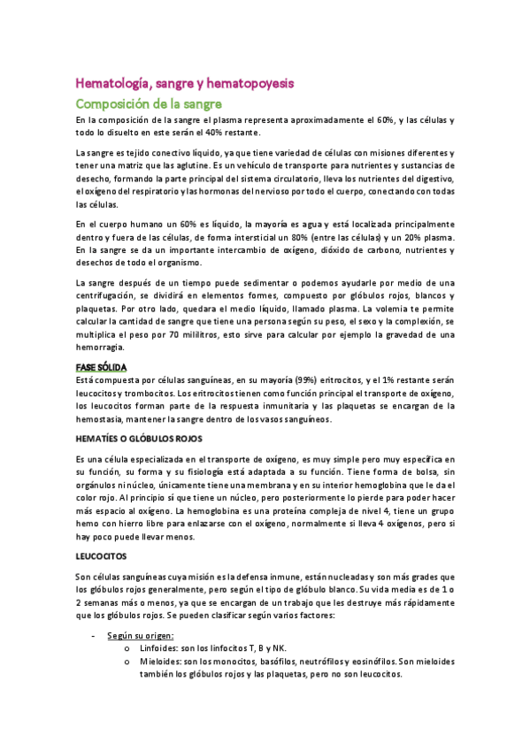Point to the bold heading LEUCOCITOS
pyautogui.click(x=102, y=556)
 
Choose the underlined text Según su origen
pyautogui.click(x=141, y=635)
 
